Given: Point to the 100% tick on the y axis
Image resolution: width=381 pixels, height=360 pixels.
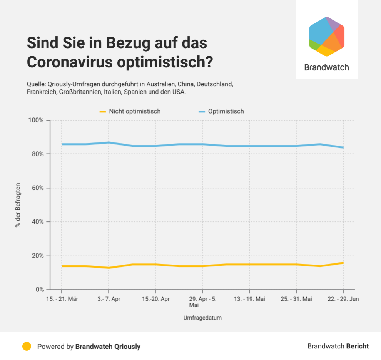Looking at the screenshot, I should (x=37, y=120).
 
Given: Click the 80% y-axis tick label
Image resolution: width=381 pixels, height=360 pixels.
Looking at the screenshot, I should (x=38, y=154).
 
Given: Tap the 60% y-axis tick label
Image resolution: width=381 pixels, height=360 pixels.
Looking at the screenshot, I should (x=38, y=188).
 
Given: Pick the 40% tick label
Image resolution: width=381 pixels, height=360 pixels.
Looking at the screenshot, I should (x=38, y=222).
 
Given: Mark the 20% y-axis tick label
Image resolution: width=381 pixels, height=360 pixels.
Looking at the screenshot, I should (x=38, y=256).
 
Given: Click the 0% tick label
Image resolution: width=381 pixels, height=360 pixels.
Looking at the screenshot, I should (x=40, y=290).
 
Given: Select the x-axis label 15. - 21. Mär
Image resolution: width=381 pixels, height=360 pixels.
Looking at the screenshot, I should (x=62, y=299).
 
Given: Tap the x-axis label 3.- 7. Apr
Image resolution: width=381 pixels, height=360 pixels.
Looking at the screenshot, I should (x=109, y=299).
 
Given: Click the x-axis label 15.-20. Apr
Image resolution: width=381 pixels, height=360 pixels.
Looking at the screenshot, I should (x=155, y=299).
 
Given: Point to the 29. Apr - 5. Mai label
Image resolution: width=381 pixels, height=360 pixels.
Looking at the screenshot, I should (x=202, y=302).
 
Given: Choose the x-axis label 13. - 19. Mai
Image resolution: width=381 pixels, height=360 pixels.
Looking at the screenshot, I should (x=249, y=299).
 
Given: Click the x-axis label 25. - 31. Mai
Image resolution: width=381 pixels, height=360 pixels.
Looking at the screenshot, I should (x=296, y=299).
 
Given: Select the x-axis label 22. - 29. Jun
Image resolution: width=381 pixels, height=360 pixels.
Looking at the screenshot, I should (x=343, y=299).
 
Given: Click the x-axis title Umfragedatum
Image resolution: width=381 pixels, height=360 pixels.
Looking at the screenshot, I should (x=202, y=318).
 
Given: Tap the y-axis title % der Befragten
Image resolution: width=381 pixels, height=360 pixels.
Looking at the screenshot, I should (x=18, y=205).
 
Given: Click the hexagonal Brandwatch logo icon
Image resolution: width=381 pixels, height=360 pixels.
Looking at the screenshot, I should (x=326, y=37).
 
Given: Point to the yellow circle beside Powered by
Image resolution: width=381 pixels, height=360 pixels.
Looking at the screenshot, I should (x=27, y=346).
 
